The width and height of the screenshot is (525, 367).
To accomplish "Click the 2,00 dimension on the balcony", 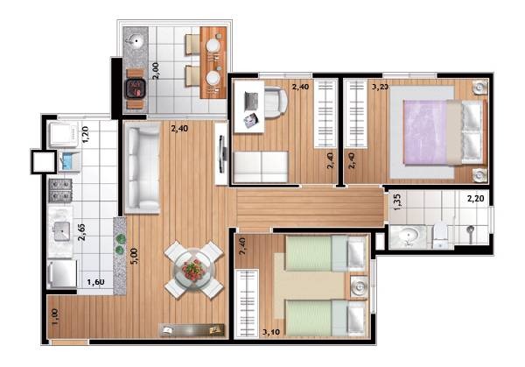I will click(156, 71).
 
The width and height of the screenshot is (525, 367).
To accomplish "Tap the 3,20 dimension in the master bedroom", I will click(381, 87).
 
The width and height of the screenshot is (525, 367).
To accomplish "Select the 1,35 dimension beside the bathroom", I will click(395, 203).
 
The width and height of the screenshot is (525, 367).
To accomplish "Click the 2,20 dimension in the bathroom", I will click(475, 199).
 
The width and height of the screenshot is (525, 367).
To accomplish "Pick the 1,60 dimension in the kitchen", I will click(96, 283).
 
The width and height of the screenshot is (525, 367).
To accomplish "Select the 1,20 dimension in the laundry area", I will click(86, 136).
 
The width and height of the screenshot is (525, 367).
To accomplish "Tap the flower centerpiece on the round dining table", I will click(192, 268).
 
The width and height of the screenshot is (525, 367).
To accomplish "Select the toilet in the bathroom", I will click(442, 233).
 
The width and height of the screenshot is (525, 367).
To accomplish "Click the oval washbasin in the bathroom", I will click(408, 234).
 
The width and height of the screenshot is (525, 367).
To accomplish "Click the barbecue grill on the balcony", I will click(135, 88).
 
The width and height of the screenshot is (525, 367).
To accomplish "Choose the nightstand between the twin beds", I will click(356, 287).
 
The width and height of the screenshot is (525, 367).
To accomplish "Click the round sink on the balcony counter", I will click(137, 40).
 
